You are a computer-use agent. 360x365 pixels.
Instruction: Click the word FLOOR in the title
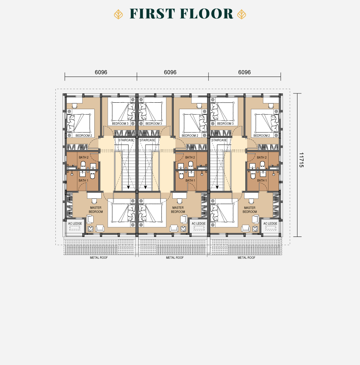point(207,14)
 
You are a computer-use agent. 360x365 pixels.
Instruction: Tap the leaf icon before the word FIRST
point(118,14)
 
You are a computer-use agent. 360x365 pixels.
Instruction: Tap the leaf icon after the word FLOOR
point(241,14)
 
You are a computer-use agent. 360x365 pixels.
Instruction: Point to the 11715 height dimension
point(301,160)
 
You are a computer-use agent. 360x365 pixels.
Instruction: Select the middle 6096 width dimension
point(170,72)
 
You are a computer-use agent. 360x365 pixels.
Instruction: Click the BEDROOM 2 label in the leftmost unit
point(84,136)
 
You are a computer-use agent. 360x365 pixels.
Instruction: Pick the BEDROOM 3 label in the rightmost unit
point(225,123)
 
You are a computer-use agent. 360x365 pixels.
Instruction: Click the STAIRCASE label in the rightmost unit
point(219,140)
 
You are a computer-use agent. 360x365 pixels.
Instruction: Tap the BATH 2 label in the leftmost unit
point(84,157)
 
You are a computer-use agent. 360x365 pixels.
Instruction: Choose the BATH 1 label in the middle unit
point(190,180)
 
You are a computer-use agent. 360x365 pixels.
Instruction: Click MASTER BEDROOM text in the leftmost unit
point(96,210)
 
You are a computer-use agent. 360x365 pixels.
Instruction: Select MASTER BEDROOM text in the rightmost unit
point(250,210)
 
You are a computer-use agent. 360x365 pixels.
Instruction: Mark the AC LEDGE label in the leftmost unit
point(75,223)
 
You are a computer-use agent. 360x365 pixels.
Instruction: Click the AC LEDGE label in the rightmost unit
point(270,223)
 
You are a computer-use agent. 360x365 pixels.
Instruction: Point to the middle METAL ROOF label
point(175,258)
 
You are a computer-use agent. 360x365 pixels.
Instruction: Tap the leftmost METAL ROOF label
point(99,258)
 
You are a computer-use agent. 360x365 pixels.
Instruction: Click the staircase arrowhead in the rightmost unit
point(217,187)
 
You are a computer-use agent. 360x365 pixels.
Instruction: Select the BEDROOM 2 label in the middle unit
point(190,136)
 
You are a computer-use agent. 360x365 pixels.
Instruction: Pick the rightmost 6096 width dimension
point(245,72)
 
